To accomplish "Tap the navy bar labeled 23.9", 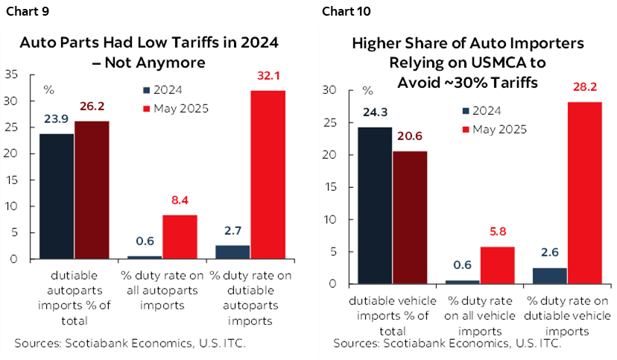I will [56, 196].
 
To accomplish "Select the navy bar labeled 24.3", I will [374, 206].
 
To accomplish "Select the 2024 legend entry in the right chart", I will [491, 111].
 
